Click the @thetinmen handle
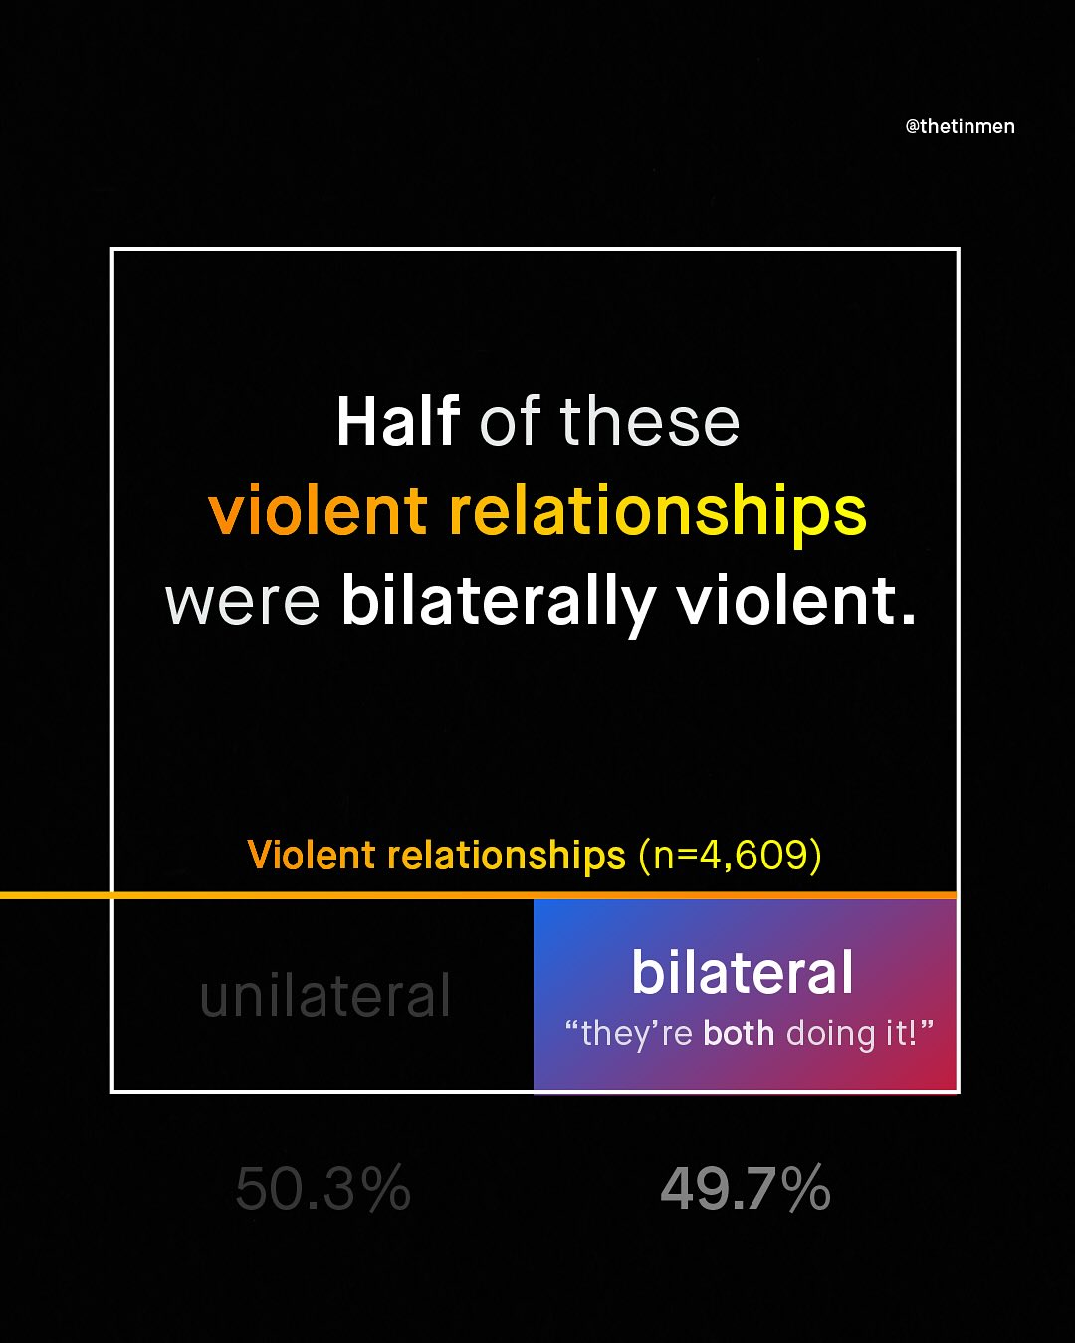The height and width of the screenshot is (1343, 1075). (960, 126)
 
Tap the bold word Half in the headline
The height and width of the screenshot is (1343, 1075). (397, 421)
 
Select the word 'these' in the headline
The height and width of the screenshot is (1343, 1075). (650, 421)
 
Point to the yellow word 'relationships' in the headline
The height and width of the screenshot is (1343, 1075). (658, 513)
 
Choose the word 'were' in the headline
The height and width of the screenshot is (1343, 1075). (242, 603)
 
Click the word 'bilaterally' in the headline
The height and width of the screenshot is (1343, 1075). (498, 603)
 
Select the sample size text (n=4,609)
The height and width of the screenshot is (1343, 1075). (730, 856)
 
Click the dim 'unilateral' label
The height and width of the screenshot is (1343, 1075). (325, 996)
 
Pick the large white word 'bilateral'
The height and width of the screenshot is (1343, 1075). (743, 972)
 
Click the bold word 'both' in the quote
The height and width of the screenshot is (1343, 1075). (739, 1033)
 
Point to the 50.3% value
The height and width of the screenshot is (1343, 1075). (323, 1189)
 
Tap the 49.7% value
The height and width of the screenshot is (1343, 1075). (746, 1189)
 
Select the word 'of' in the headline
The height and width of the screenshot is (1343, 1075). (510, 421)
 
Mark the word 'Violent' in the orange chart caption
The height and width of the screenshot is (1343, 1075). (312, 856)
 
